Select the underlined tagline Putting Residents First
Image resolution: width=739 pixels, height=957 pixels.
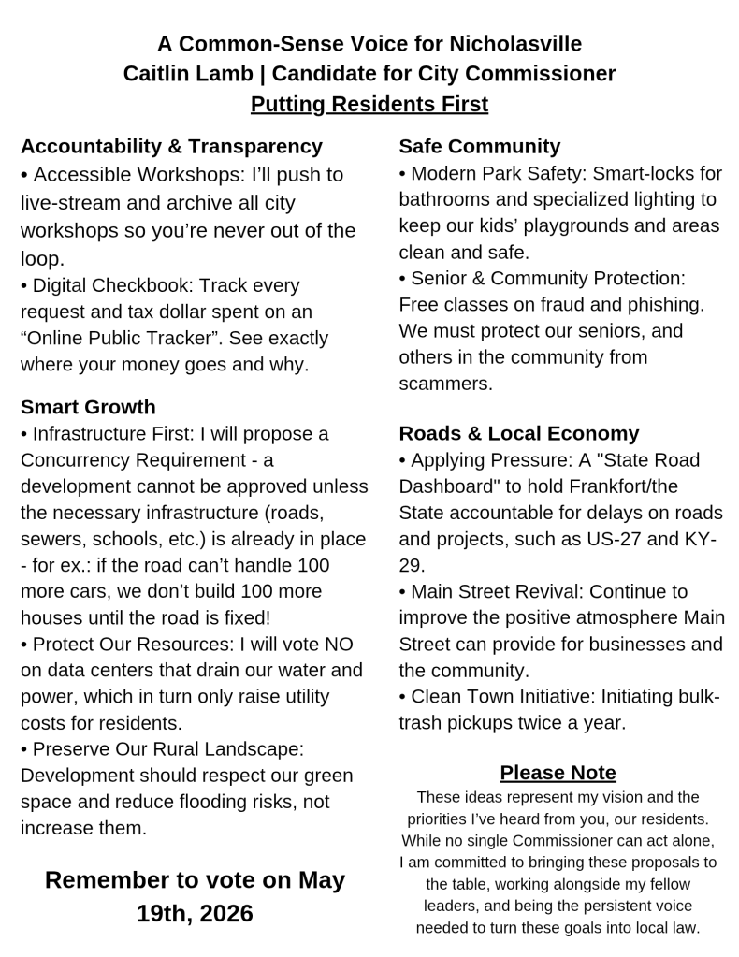coord(369,104)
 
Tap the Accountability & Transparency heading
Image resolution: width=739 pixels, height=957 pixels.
coord(171,146)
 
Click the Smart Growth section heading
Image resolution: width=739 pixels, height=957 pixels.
coord(88,407)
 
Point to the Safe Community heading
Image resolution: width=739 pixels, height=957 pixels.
coord(479,146)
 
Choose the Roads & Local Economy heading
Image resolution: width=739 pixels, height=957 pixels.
coord(518,433)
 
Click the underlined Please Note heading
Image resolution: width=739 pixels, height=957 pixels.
coord(558,773)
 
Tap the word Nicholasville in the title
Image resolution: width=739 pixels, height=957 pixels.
coord(515,44)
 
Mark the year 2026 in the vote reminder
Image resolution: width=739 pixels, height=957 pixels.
coord(222,913)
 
